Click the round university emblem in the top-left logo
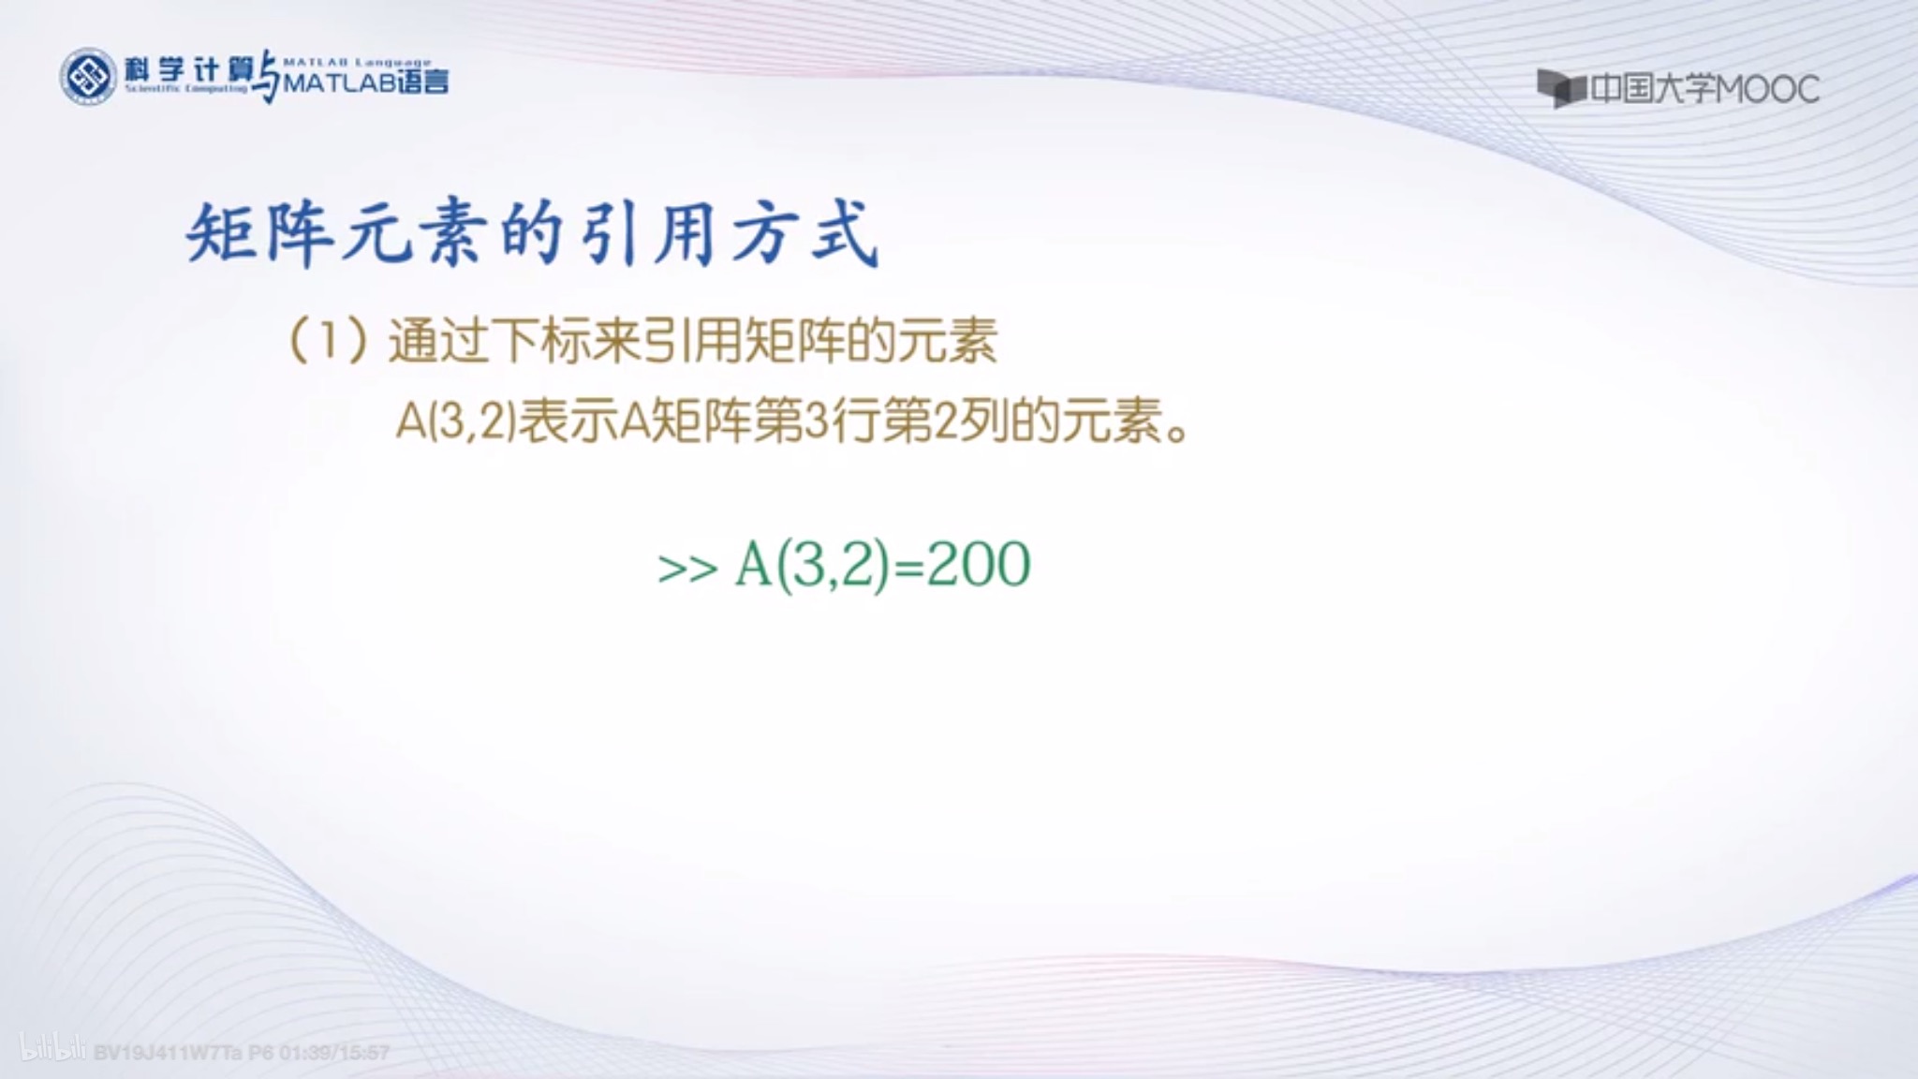(x=88, y=76)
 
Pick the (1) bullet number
(x=327, y=341)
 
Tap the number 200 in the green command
(x=979, y=565)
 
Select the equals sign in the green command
(x=907, y=567)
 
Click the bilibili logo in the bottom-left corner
(x=54, y=1051)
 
